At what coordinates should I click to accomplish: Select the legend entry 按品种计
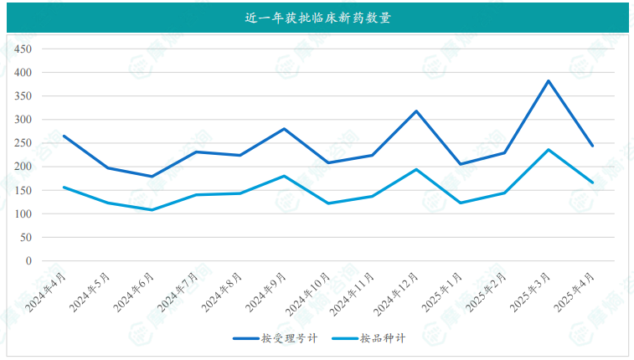click(384, 338)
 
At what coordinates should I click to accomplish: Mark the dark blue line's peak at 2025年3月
click(549, 81)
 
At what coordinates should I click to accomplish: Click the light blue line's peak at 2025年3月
click(549, 150)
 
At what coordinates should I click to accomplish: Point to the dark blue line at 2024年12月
click(416, 111)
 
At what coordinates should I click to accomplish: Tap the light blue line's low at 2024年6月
click(152, 210)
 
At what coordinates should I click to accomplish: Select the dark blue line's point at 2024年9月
click(284, 129)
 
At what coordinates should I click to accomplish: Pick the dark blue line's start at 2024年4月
click(64, 136)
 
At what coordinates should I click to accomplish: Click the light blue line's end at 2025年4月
click(593, 183)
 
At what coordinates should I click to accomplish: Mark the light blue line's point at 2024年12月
click(416, 169)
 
